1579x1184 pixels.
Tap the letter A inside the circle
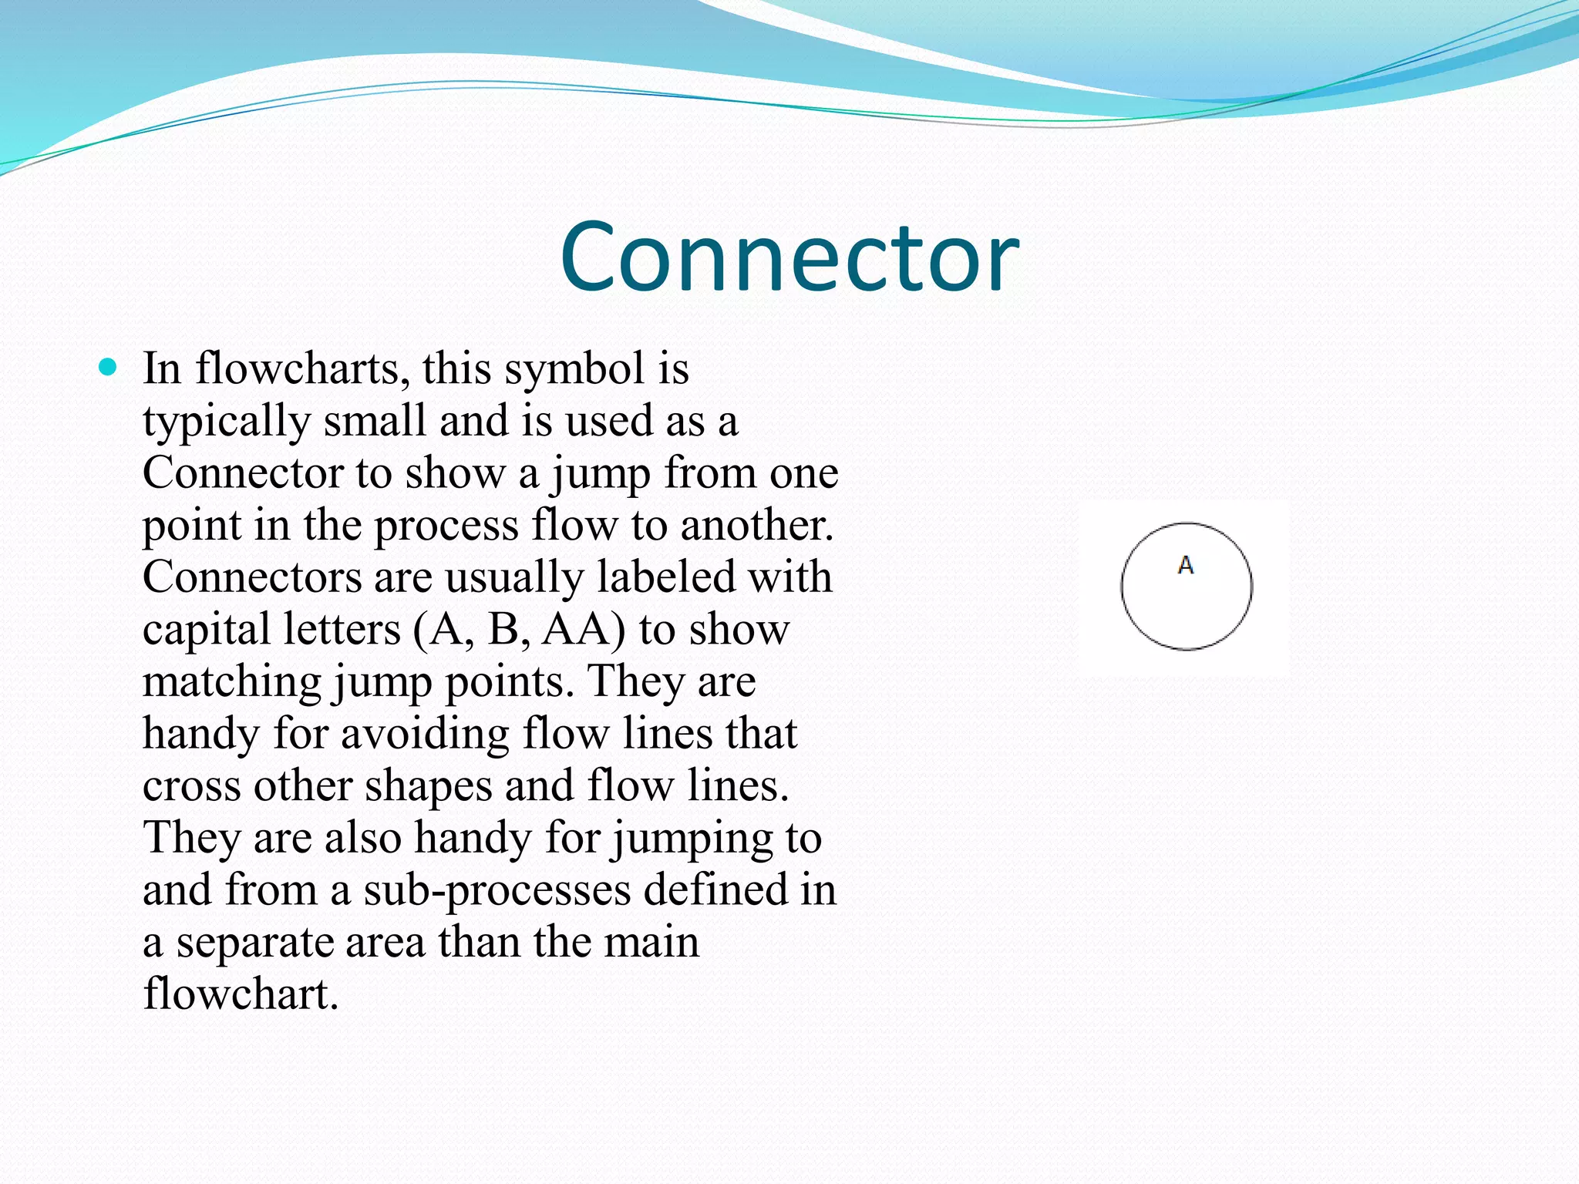1186,566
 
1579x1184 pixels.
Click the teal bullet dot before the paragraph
108,368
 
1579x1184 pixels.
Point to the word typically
227,422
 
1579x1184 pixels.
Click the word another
756,526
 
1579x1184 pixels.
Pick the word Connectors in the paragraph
251,577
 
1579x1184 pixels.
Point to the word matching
232,683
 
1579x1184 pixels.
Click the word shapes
428,786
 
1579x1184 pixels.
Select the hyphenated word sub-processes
497,891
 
